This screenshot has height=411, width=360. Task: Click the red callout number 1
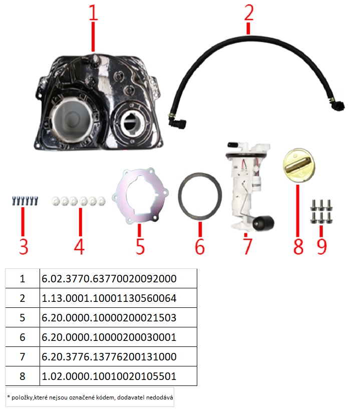(x=94, y=13)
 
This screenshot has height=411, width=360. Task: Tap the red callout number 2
(x=249, y=13)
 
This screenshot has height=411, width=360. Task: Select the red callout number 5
(x=140, y=246)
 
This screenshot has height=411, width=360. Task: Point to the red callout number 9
(x=322, y=246)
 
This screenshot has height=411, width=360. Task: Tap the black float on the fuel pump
(x=262, y=224)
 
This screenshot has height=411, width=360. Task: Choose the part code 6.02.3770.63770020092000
(x=109, y=279)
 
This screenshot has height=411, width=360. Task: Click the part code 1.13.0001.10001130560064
(x=109, y=298)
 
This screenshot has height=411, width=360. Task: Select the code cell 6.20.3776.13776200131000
(x=109, y=357)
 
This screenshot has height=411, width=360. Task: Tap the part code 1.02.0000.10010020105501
(x=109, y=376)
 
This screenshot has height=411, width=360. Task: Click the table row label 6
(x=23, y=337)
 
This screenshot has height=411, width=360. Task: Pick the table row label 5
(x=23, y=318)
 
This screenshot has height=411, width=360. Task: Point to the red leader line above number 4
(x=81, y=222)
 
